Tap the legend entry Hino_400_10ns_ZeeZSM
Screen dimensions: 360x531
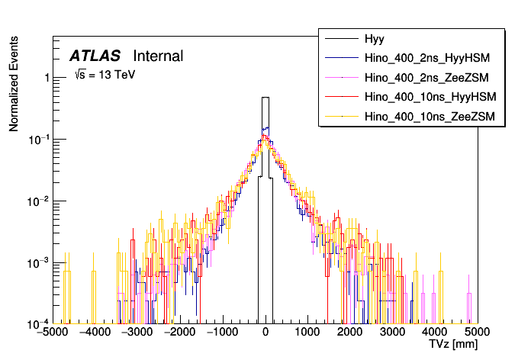(431, 116)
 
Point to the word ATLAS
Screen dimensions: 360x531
(95, 56)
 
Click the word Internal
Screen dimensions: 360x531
(158, 56)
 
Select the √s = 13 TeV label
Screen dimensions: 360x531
(104, 76)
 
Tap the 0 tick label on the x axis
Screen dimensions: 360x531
(265, 333)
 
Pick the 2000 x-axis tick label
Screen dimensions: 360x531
(350, 333)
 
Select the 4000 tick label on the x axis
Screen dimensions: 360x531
(436, 333)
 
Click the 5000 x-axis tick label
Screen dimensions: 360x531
(478, 333)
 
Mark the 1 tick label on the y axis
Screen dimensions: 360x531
(47, 78)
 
